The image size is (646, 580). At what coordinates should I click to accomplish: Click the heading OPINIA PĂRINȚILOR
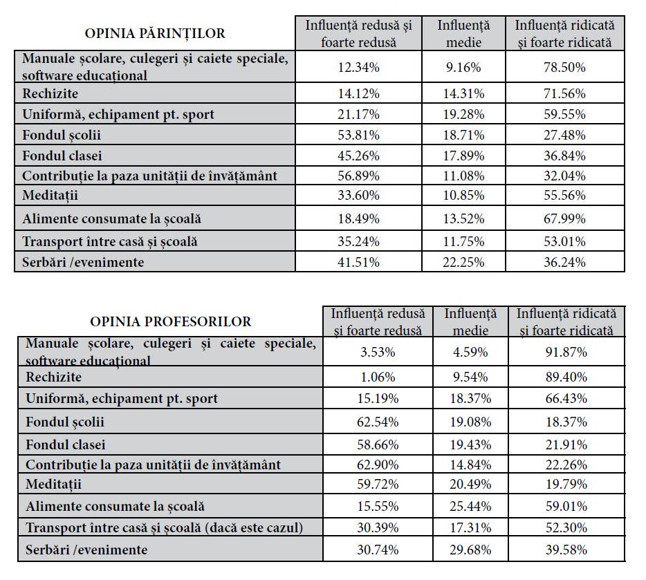[155, 33]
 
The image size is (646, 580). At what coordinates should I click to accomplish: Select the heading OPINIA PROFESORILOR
[171, 321]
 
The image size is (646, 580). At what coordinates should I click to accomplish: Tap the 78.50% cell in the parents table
[564, 67]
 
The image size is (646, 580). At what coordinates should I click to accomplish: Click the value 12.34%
[358, 67]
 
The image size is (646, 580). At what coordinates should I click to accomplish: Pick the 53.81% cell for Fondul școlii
[358, 135]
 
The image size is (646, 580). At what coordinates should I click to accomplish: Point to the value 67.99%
[564, 218]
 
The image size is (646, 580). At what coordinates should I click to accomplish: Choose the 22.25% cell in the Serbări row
[463, 262]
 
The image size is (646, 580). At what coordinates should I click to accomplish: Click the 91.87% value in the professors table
[566, 353]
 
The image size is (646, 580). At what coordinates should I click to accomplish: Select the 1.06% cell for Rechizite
[378, 377]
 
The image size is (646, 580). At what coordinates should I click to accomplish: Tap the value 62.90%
[378, 465]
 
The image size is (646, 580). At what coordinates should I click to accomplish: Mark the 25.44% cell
[470, 506]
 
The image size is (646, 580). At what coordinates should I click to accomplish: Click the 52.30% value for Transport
[566, 527]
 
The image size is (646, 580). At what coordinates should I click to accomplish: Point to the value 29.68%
[470, 550]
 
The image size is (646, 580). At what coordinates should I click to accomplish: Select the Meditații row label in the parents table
[50, 195]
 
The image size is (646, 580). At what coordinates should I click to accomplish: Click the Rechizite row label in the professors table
[53, 377]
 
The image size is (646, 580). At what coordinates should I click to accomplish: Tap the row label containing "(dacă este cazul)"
[164, 527]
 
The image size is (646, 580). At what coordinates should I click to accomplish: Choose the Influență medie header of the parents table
[463, 34]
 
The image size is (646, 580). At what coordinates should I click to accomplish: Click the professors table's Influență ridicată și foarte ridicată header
[566, 322]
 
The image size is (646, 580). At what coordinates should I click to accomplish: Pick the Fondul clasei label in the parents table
[62, 156]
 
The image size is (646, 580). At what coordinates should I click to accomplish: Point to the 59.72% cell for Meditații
[378, 484]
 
